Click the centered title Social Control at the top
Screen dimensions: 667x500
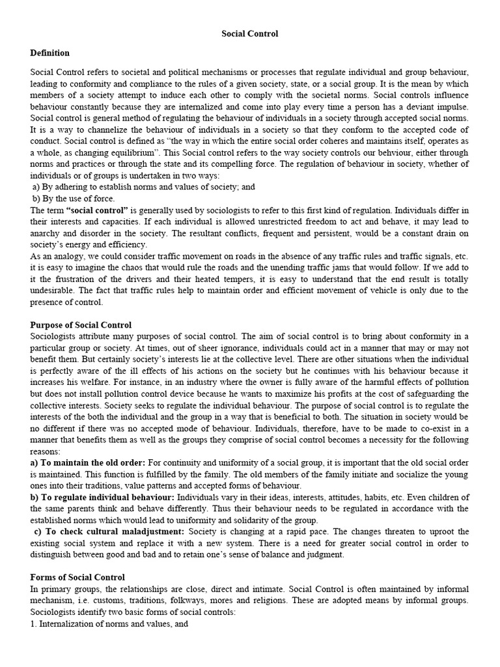(250, 33)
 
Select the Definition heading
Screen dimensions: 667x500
(50, 52)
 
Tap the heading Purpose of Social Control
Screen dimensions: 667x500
(81, 324)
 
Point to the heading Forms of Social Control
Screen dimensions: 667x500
(77, 577)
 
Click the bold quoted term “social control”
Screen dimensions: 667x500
(98, 209)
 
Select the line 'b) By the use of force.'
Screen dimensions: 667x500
(74, 198)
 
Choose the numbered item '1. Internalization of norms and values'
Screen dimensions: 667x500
(102, 623)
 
